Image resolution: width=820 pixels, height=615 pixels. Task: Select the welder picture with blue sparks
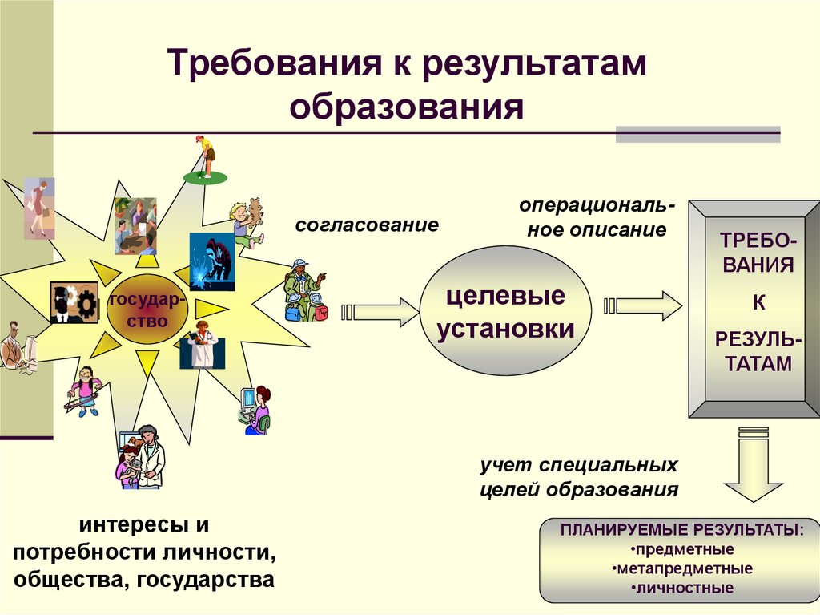point(211,261)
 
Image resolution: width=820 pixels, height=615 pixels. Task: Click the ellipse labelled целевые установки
point(505,313)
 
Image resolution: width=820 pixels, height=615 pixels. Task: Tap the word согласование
point(367,225)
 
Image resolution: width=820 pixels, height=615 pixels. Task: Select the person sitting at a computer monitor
point(255,409)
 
